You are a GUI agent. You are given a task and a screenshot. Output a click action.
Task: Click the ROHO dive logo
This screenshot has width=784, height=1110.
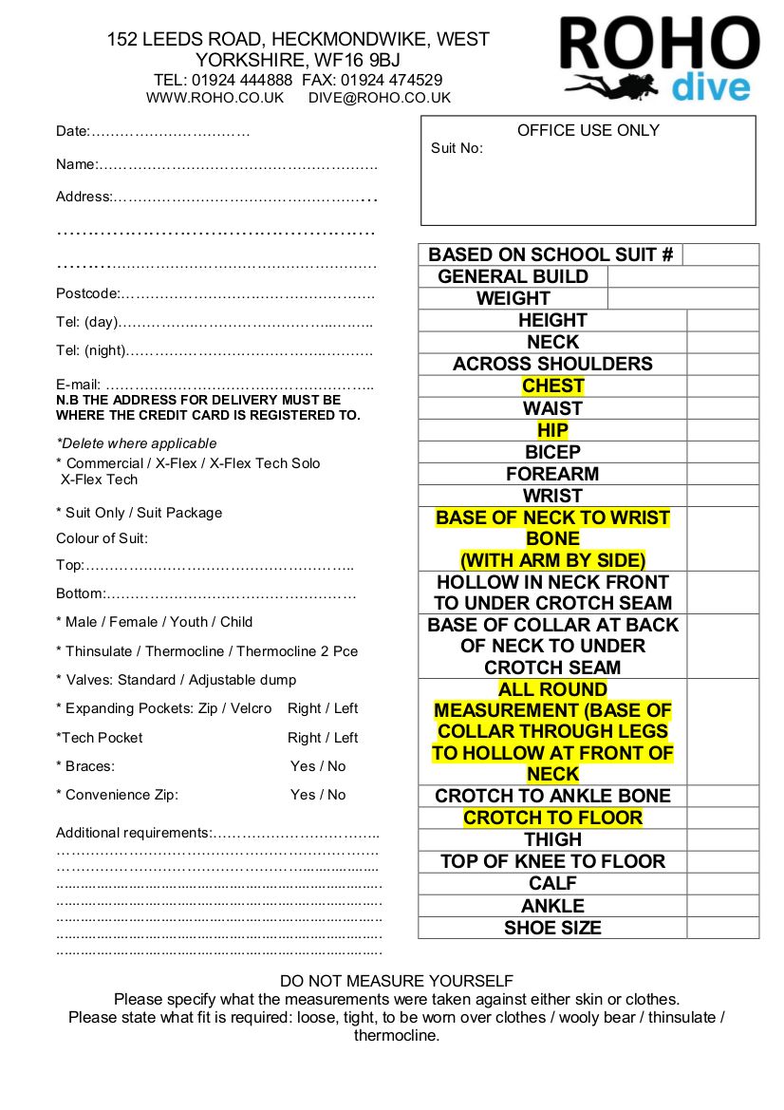659,59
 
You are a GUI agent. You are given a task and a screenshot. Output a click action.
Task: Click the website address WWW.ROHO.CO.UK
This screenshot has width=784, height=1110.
215,98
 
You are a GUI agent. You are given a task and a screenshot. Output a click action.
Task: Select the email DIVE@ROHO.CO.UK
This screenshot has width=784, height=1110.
380,98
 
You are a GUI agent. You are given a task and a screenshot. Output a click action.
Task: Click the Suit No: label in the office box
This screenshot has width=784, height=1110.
457,148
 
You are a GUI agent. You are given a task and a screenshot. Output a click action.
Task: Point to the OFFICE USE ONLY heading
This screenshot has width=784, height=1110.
588,130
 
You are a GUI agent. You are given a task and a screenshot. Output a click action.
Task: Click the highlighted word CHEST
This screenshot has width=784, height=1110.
552,386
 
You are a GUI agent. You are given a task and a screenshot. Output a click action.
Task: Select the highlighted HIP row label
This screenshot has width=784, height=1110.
552,430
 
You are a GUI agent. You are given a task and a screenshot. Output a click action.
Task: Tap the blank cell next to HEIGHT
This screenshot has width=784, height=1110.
722,320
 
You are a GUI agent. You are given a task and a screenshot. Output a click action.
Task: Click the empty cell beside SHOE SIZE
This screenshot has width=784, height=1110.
722,928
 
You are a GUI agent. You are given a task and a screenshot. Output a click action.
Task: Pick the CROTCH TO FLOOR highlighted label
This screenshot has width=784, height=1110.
552,818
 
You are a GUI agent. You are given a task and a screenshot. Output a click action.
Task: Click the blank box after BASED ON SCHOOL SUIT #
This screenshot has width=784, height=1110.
720,254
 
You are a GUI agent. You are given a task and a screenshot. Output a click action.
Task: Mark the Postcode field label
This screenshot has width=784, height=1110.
88,293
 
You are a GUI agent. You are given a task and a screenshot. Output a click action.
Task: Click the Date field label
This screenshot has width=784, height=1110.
72,131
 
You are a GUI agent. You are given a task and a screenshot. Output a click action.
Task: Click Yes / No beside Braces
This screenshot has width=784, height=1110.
318,766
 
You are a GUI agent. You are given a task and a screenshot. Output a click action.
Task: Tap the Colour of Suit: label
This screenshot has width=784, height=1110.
103,538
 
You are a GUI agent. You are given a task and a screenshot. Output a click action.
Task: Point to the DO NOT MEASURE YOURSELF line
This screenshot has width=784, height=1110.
397,981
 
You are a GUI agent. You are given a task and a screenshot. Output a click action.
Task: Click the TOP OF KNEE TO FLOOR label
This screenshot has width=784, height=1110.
552,861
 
